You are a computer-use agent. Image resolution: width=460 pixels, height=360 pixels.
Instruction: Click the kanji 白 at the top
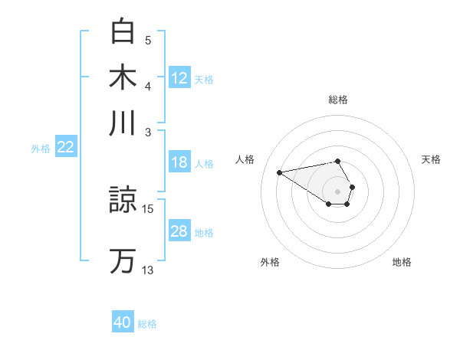[x=123, y=31]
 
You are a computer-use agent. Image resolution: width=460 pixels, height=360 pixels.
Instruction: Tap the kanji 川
[x=123, y=123]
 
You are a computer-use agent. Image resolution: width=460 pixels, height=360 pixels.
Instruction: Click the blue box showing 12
[x=179, y=78]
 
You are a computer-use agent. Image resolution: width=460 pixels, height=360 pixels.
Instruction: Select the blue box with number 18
[x=179, y=162]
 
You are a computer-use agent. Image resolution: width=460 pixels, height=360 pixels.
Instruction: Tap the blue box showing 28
[x=179, y=231]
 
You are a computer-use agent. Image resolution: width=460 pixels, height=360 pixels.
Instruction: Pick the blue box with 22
[x=66, y=148]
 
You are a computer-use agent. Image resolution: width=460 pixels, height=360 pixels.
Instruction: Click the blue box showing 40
[x=123, y=322]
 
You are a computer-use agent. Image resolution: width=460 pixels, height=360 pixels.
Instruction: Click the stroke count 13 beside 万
[x=148, y=270]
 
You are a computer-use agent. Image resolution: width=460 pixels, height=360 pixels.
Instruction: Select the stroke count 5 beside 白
[x=148, y=40]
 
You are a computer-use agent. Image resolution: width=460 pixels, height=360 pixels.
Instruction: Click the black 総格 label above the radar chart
[x=338, y=100]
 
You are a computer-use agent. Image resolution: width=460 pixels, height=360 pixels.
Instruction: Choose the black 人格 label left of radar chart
[x=245, y=159]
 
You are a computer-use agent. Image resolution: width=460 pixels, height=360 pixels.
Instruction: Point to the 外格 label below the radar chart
[x=270, y=262]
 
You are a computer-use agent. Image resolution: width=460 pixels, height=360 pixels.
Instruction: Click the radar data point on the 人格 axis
[x=279, y=172]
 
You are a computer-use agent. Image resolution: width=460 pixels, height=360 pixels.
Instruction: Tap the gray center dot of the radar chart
[x=338, y=191]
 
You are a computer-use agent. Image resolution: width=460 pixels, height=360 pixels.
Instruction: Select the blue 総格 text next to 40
[x=147, y=324]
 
